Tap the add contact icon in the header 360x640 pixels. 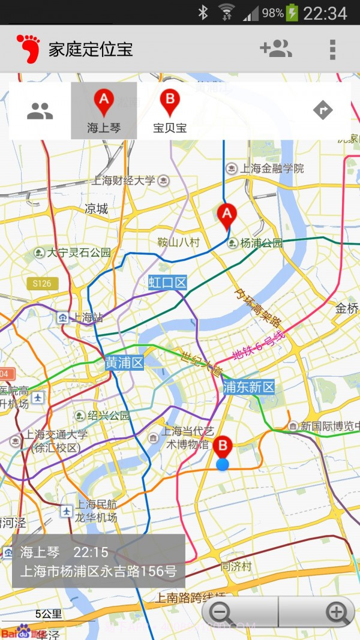pyautogui.click(x=276, y=49)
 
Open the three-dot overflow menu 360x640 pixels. pyautogui.click(x=332, y=49)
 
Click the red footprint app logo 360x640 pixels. pyautogui.click(x=28, y=49)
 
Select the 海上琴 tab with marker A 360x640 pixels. pyautogui.click(x=104, y=111)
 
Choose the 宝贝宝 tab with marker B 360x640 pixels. pyautogui.click(x=170, y=111)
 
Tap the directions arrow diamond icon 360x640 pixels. pyautogui.click(x=323, y=110)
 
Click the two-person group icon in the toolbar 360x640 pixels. pyautogui.click(x=40, y=110)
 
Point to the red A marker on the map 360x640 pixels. pyautogui.click(x=226, y=217)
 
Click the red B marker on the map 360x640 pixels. pyautogui.click(x=223, y=447)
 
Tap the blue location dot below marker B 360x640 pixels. pyautogui.click(x=223, y=464)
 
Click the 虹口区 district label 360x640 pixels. pyautogui.click(x=168, y=283)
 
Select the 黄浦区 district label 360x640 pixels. pyautogui.click(x=124, y=363)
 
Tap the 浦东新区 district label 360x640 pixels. pyautogui.click(x=248, y=387)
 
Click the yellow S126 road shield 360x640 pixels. pyautogui.click(x=42, y=284)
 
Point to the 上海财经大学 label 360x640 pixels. pyautogui.click(x=124, y=180)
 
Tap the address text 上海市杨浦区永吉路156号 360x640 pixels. pyautogui.click(x=98, y=571)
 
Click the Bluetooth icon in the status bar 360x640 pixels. pyautogui.click(x=203, y=13)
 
